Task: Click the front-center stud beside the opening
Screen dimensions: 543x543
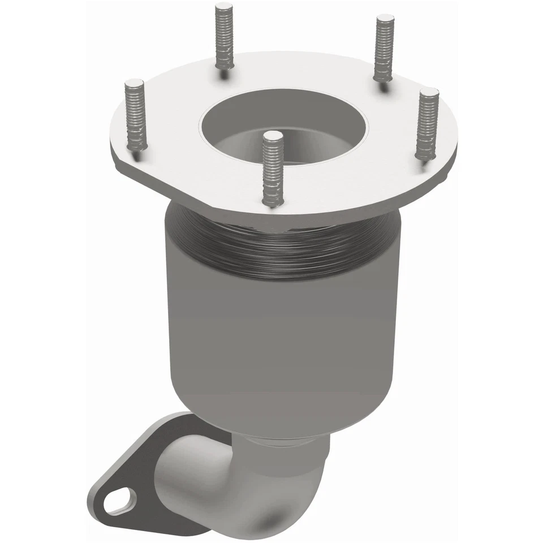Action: (272, 170)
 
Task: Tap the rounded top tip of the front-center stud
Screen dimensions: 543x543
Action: (273, 136)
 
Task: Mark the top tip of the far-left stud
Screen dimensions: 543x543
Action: (133, 84)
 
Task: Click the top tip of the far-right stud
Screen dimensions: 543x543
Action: (430, 92)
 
